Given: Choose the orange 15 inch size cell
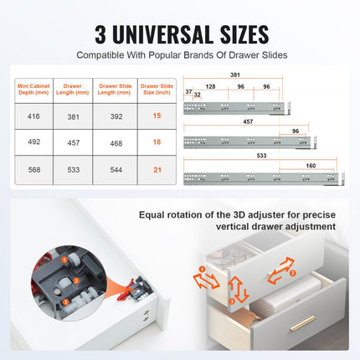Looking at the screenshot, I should (x=156, y=117).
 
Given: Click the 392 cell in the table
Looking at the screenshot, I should (x=115, y=117).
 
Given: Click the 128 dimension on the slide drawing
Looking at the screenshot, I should (x=211, y=86).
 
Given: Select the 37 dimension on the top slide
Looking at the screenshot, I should (x=189, y=92).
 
